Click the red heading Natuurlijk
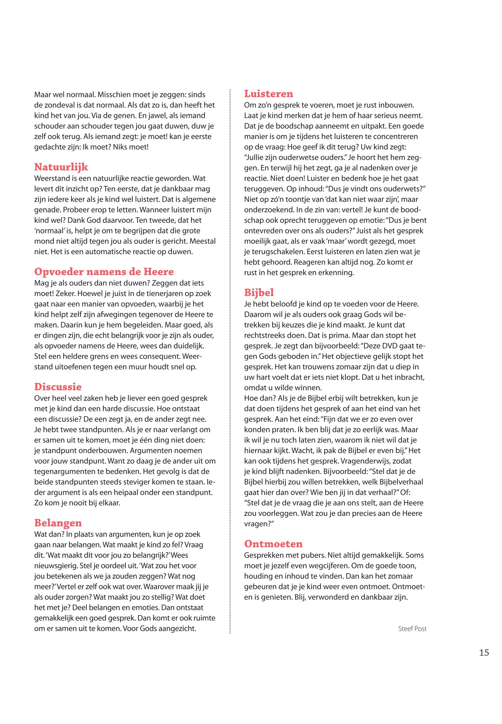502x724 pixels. [61, 167]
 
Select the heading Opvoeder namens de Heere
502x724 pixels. [104, 272]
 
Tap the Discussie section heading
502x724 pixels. [58, 387]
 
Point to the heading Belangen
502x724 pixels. [58, 523]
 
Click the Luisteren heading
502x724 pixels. [269, 94]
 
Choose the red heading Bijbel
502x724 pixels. [259, 293]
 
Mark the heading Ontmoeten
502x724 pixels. [273, 544]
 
